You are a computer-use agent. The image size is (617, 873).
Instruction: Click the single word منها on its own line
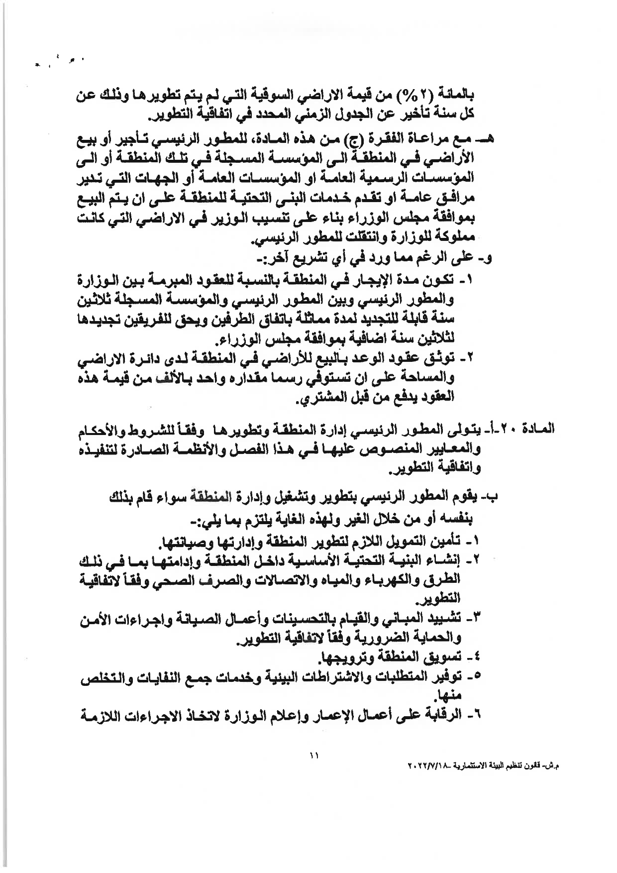[448, 695]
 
